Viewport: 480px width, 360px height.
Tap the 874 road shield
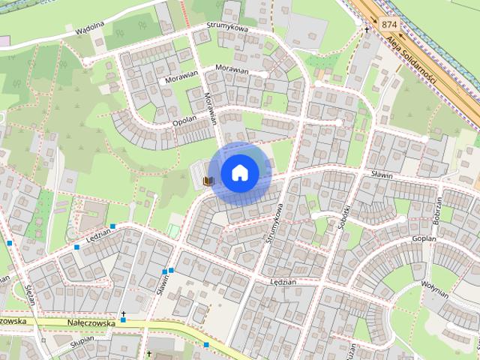388,24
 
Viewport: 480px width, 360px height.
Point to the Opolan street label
184,121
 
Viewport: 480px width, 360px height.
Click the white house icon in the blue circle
239,172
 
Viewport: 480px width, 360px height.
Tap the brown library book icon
210,181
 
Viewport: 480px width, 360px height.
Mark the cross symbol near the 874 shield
367,30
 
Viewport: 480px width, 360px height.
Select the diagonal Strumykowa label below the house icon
274,223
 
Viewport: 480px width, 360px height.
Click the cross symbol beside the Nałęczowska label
124,313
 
